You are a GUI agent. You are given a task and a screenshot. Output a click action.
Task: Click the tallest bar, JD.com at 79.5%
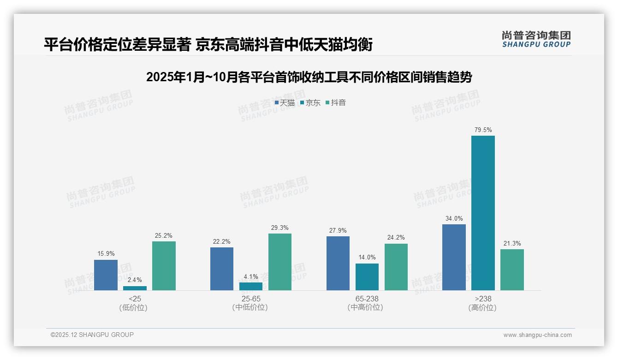pos(483,213)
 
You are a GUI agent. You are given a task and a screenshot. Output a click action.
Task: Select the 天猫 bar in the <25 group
pos(106,275)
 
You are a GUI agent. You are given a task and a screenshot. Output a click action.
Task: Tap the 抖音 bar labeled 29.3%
pos(280,262)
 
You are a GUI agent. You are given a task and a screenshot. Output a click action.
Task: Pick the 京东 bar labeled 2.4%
pos(135,288)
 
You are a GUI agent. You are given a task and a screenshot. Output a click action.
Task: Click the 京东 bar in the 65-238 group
pos(367,277)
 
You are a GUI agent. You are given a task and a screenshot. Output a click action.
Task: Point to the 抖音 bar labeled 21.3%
pos(512,270)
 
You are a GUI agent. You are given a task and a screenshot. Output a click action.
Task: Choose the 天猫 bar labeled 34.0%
pos(454,257)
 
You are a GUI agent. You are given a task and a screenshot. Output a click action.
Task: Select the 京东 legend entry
pos(310,103)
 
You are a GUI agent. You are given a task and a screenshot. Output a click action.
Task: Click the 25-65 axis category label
pos(250,299)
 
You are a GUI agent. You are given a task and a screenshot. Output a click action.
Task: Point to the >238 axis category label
pos(482,299)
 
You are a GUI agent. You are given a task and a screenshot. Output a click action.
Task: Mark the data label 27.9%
pos(338,231)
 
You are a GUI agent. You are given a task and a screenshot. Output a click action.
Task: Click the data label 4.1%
pos(251,277)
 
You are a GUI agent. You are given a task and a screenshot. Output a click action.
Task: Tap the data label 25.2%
pos(164,236)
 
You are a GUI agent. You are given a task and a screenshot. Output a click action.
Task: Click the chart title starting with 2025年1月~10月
pos(309,78)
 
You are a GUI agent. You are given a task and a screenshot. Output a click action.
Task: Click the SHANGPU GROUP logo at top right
pos(536,39)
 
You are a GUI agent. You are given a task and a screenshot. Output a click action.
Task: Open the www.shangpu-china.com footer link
pos(537,335)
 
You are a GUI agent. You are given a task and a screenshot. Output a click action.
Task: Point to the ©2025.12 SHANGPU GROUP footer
pos(92,335)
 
